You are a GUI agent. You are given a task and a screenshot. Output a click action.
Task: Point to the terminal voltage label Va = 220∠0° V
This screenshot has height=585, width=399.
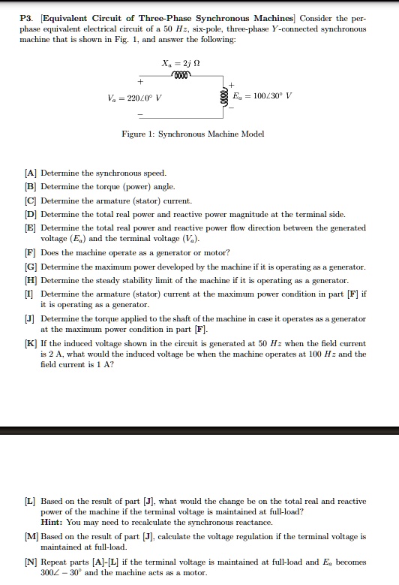pyautogui.click(x=135, y=98)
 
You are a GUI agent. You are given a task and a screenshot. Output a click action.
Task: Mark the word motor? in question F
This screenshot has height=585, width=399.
pyautogui.click(x=217, y=253)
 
